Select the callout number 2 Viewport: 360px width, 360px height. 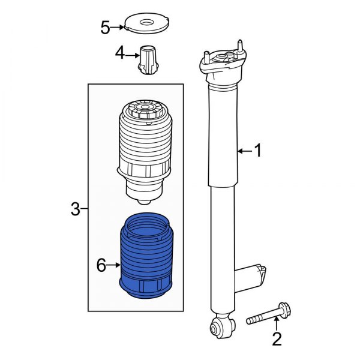tap(277, 340)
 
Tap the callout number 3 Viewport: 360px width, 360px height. tap(74, 209)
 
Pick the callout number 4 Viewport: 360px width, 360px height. tap(120, 54)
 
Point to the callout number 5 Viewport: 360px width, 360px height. tap(105, 27)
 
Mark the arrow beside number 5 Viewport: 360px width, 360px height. tap(119, 27)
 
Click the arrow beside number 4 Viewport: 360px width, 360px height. tap(133, 55)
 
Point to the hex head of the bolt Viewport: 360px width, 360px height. tap(284, 311)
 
